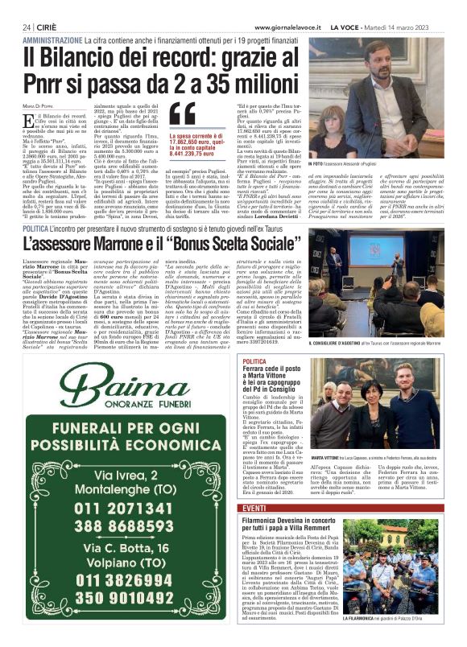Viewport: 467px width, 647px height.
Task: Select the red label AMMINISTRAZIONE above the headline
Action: point(52,39)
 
